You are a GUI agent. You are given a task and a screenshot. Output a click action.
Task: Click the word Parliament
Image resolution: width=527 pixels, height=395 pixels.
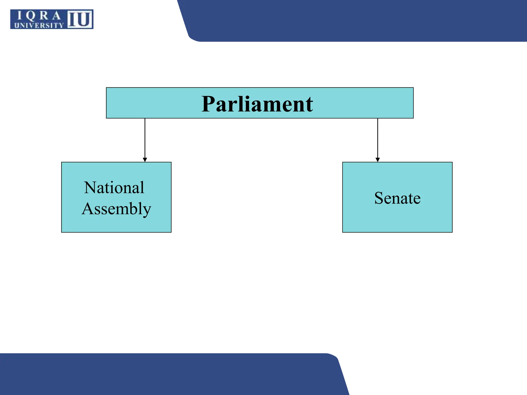click(257, 104)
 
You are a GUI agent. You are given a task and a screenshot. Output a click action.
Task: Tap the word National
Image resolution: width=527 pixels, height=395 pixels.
click(114, 187)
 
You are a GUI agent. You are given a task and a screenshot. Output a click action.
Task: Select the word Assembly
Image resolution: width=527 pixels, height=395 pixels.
click(116, 209)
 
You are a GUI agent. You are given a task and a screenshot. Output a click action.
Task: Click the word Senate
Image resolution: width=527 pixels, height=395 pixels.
click(397, 198)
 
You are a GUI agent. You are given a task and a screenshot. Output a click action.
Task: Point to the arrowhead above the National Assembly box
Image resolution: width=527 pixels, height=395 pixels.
click(145, 160)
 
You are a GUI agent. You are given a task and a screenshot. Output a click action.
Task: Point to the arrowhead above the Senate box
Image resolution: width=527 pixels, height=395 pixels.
click(377, 160)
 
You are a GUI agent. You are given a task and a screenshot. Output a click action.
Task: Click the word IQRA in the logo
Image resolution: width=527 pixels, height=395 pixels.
click(39, 16)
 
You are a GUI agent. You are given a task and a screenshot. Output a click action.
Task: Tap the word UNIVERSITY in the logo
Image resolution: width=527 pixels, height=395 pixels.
click(39, 25)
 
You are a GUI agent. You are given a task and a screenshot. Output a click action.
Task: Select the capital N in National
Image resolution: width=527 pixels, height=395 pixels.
click(90, 187)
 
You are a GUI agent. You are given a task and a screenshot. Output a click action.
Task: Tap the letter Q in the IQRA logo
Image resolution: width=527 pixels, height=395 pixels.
click(30, 16)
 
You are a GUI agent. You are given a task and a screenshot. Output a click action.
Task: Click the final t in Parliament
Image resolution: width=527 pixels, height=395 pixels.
click(309, 105)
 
